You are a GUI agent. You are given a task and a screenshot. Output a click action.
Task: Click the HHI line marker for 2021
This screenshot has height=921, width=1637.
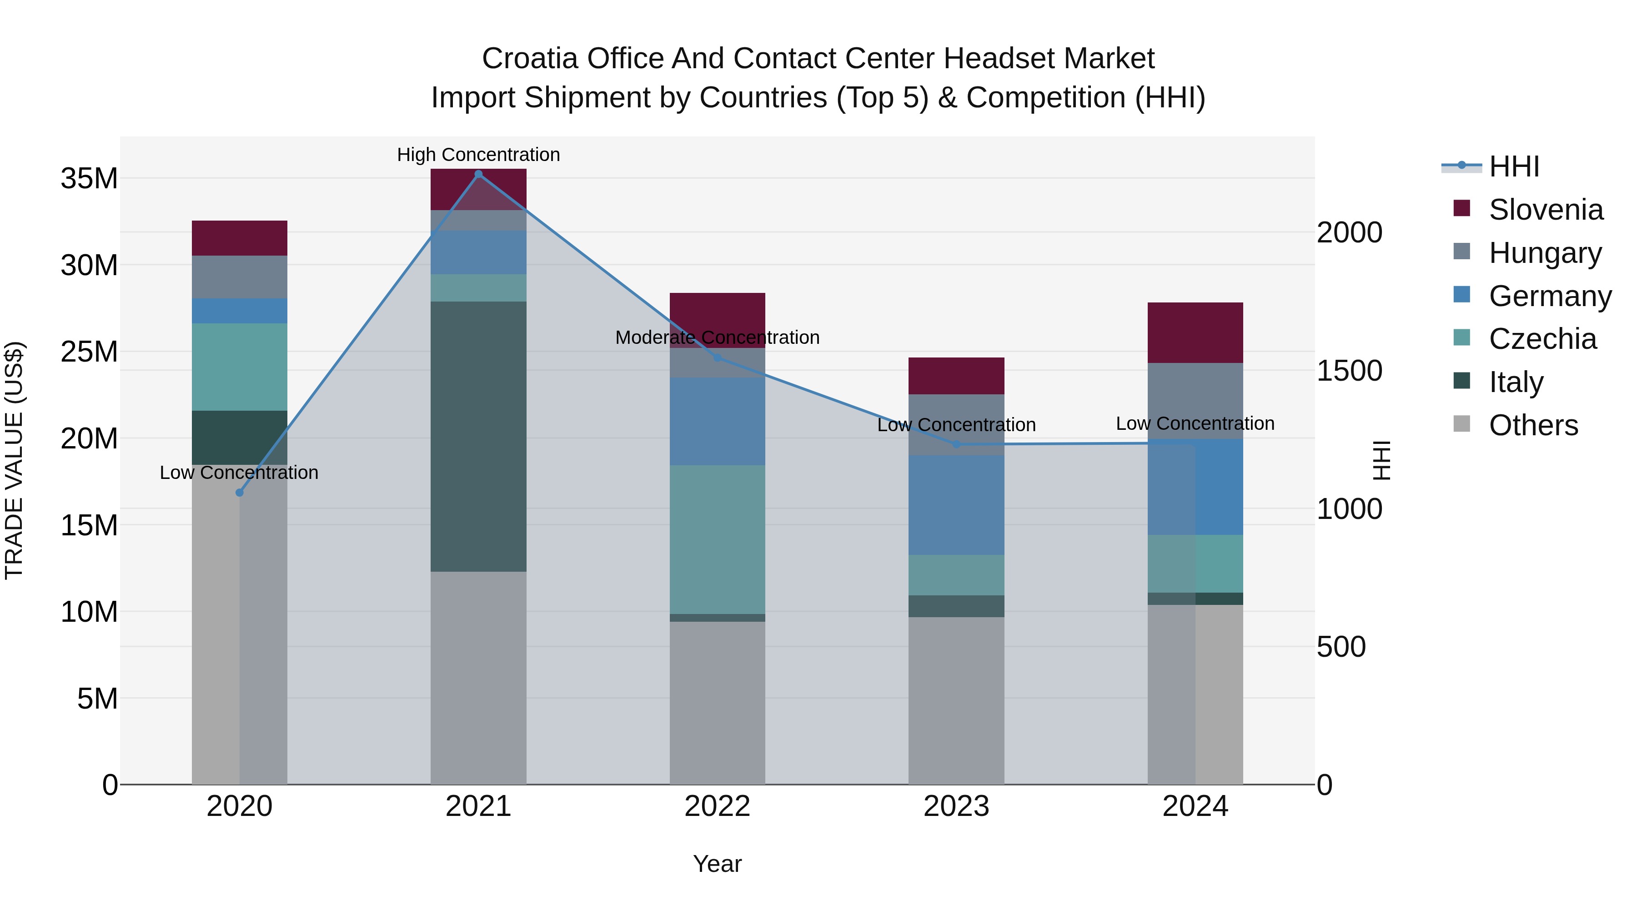(478, 174)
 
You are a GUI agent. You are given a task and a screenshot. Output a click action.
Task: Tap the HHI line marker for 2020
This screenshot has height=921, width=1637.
(240, 493)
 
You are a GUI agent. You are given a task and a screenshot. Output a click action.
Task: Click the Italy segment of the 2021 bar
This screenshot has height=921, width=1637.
(478, 436)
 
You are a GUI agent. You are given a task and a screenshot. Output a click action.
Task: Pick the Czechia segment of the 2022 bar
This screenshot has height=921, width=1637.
(718, 539)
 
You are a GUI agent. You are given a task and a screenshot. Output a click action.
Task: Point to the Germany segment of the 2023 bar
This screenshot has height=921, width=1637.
(956, 505)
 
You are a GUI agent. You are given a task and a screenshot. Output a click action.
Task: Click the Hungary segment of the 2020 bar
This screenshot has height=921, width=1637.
(240, 277)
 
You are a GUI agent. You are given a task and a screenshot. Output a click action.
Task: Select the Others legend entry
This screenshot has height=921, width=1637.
(1533, 425)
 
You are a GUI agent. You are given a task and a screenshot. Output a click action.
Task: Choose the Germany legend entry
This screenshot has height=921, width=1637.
(1549, 296)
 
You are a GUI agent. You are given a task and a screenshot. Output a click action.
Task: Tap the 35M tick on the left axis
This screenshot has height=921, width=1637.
(89, 179)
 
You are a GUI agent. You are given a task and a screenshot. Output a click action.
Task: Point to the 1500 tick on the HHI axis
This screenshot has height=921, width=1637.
(1349, 371)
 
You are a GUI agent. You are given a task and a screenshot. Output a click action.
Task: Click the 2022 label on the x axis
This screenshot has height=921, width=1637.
(718, 806)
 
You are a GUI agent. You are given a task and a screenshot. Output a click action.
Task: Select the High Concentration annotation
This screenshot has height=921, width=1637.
(478, 155)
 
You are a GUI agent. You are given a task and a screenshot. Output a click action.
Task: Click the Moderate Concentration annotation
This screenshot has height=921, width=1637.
(718, 337)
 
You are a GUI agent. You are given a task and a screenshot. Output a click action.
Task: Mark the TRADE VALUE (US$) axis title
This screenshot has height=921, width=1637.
(15, 460)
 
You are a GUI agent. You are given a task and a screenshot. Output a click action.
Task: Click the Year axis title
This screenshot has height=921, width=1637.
(718, 864)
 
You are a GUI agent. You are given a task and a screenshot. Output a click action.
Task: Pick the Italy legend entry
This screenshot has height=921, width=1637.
(1516, 382)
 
